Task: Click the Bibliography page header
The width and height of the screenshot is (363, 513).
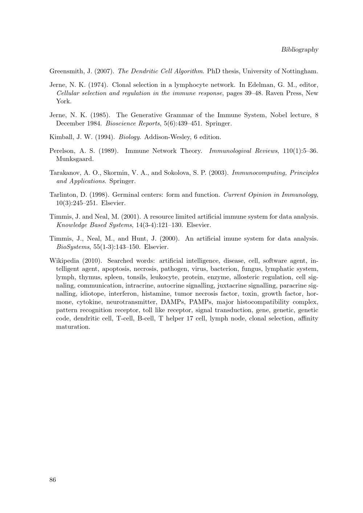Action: [299, 50]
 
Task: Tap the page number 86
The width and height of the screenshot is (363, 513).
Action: [53, 480]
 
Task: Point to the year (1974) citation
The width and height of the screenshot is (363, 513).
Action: [98, 85]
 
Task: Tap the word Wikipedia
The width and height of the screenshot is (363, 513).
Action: [64, 261]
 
